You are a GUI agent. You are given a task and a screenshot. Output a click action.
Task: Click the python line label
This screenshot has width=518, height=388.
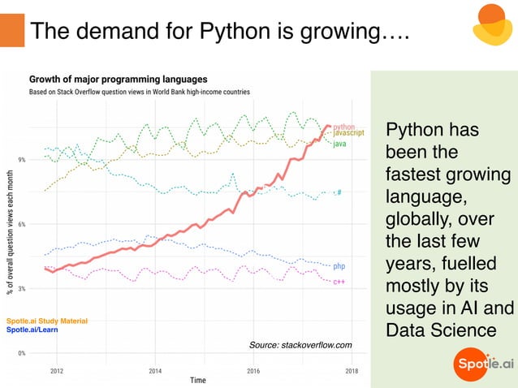coord(344,127)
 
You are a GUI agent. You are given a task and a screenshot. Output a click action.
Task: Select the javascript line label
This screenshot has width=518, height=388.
coord(349,133)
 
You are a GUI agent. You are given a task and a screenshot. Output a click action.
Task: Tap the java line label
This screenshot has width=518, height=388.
coord(339,144)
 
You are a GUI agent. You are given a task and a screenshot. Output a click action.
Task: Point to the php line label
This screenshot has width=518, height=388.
coord(339,266)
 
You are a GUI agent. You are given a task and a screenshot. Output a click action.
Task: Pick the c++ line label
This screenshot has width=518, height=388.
coord(339,282)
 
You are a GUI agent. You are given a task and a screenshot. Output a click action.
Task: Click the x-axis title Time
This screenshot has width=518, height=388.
coord(197,380)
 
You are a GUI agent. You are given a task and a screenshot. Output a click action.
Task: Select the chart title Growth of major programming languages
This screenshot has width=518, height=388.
coord(118,80)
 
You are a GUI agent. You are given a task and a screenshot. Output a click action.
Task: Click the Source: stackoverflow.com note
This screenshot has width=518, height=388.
coord(300,346)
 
